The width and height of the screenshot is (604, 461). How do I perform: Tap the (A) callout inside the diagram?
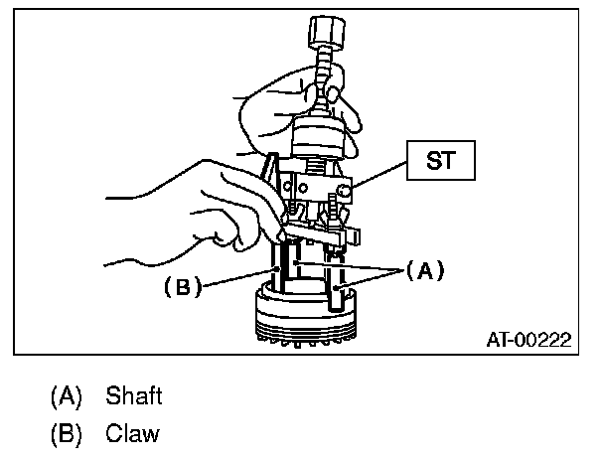420,269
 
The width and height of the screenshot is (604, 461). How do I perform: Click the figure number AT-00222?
528,340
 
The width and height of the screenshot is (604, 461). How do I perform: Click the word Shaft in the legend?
132,396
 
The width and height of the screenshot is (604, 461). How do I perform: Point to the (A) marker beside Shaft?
67,396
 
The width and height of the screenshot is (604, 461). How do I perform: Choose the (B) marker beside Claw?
67,434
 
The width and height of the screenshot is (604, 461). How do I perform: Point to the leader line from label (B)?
238,278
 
